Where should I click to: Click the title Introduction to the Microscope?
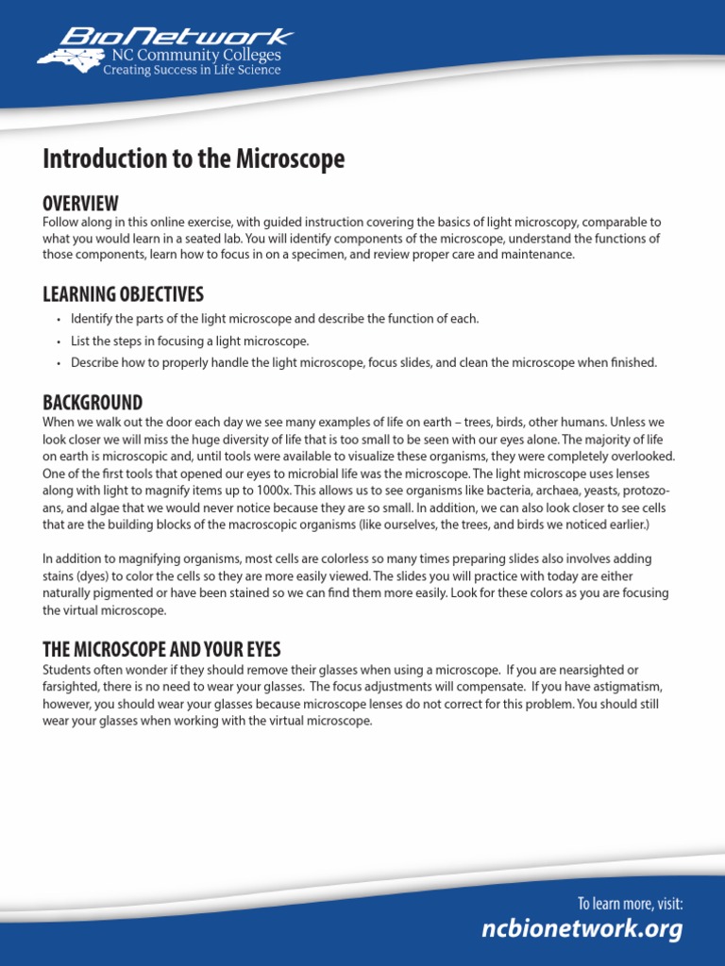194,159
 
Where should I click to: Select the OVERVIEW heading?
80,204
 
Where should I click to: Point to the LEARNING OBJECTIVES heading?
123,294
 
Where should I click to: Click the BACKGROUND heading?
93,403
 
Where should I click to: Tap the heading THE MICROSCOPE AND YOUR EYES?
161,650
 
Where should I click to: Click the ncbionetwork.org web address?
582,929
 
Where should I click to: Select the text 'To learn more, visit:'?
630,904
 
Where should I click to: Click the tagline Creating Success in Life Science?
192,71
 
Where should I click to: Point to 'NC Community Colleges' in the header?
196,57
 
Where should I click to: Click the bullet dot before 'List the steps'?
59,342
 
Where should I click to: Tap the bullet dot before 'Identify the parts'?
59,320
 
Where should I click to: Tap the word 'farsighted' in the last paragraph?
72,687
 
